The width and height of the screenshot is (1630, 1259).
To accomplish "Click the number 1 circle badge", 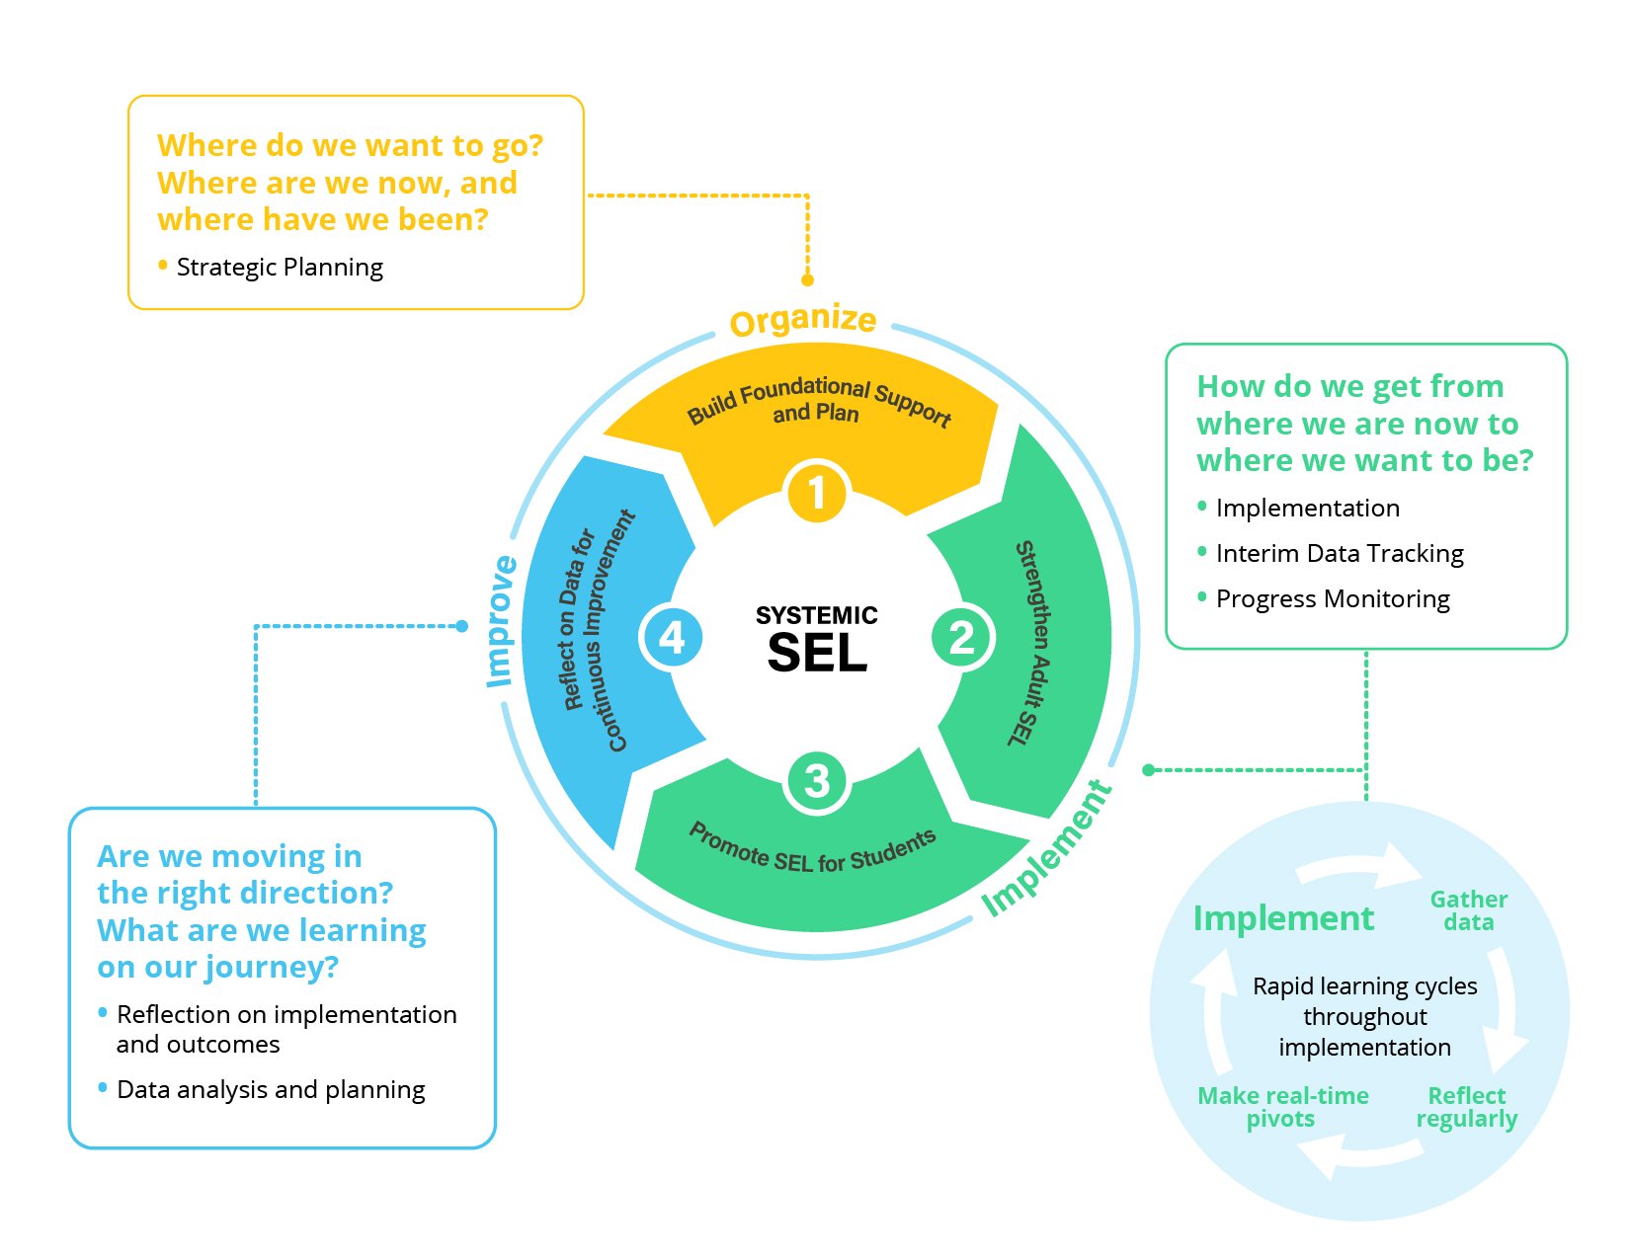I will click(x=816, y=492).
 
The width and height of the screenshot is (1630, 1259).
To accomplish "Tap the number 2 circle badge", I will click(x=961, y=637).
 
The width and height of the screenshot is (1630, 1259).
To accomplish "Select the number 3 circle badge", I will click(x=816, y=781).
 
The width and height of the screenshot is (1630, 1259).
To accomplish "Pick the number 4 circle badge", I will click(x=672, y=637).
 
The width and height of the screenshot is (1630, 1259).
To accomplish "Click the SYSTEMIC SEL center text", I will click(x=817, y=639).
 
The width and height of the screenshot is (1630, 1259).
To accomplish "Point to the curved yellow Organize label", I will click(x=802, y=320).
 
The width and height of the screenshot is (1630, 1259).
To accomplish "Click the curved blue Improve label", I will click(x=501, y=622).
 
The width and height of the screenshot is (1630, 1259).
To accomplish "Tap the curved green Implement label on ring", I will click(x=1047, y=850).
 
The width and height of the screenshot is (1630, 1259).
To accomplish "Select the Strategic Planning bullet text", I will click(x=280, y=268).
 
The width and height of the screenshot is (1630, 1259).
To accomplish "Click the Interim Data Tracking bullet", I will click(x=1339, y=554).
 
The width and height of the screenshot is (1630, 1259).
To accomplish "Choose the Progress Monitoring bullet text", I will click(x=1332, y=599).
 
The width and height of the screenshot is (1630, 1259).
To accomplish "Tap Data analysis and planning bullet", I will click(x=271, y=1090).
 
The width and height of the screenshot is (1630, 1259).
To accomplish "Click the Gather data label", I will click(x=1468, y=910).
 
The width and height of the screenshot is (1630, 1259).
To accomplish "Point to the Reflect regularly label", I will click(x=1467, y=1107).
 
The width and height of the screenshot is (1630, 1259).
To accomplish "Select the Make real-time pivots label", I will click(x=1282, y=1107).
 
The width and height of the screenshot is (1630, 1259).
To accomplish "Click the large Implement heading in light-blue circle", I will click(x=1282, y=918).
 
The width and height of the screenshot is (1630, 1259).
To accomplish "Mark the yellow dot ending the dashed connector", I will click(x=807, y=280).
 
